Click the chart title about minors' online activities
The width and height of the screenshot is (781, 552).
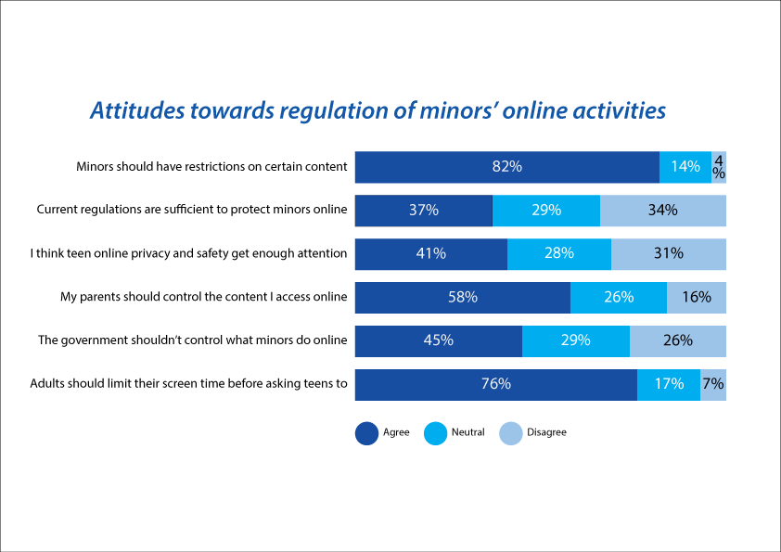tap(378, 110)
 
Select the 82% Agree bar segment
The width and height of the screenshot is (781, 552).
tap(507, 167)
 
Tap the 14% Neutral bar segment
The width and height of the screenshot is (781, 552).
tap(685, 167)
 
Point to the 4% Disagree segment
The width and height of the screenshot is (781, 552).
tap(719, 167)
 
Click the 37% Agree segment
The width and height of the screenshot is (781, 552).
tap(424, 211)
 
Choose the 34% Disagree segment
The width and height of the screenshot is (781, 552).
tap(663, 211)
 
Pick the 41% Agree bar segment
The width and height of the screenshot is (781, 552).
tap(431, 254)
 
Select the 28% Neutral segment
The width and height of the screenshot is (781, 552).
tap(559, 254)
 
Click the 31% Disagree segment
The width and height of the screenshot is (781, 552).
tap(669, 254)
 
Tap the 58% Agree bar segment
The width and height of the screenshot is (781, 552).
tap(463, 298)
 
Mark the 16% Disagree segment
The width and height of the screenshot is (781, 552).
tap(697, 298)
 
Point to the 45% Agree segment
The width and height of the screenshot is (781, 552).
tap(439, 341)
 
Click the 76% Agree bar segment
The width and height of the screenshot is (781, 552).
tap(496, 385)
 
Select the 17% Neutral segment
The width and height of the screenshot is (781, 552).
tap(669, 385)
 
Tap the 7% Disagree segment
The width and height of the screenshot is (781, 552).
tap(713, 385)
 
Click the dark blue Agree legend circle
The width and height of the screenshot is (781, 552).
tap(367, 433)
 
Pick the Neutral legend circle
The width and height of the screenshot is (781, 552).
tap(435, 433)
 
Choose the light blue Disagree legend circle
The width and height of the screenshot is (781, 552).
tap(511, 433)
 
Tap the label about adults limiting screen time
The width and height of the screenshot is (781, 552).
tap(189, 383)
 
